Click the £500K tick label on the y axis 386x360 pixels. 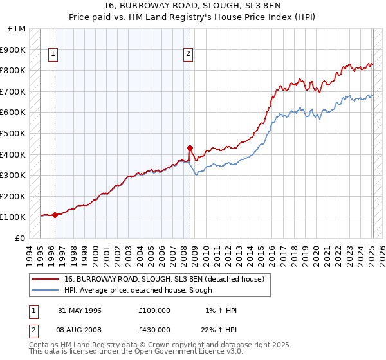(x=13, y=133)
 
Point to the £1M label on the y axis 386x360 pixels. (x=17, y=29)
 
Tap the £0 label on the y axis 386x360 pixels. (x=21, y=238)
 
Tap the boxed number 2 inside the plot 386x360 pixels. (x=188, y=55)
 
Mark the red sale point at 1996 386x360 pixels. (x=55, y=215)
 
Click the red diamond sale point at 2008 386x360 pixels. (x=190, y=147)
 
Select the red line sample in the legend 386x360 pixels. (x=46, y=279)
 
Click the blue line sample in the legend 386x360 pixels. (x=46, y=290)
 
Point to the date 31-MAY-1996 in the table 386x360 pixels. (x=80, y=310)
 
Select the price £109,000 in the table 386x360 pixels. (x=154, y=310)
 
